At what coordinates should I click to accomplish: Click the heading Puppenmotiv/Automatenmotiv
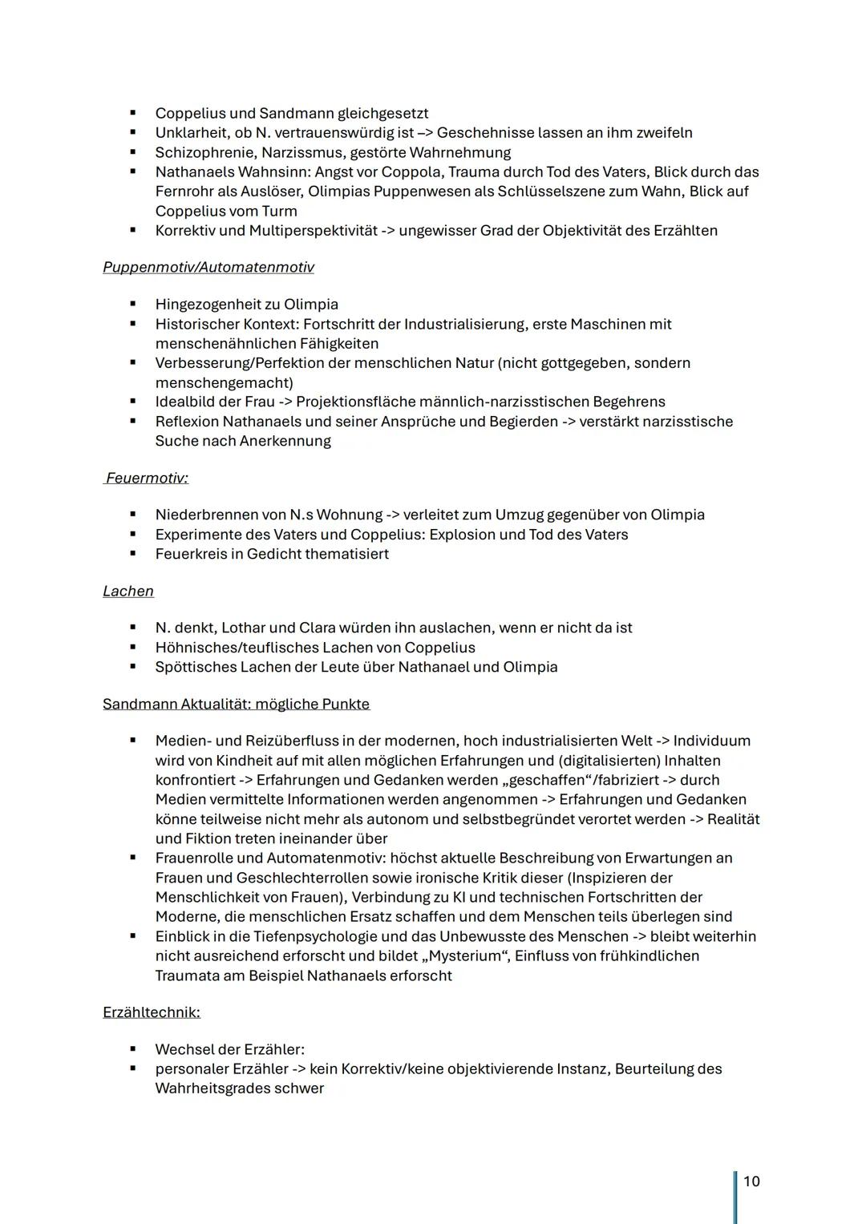pyautogui.click(x=208, y=267)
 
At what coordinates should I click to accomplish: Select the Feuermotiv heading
pyautogui.click(x=148, y=478)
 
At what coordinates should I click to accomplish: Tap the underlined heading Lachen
pyautogui.click(x=128, y=591)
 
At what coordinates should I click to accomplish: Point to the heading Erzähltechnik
pyautogui.click(x=152, y=1012)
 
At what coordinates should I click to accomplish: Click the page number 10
pyautogui.click(x=751, y=1181)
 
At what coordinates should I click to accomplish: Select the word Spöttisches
pyautogui.click(x=196, y=667)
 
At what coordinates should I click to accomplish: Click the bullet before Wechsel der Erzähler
pyautogui.click(x=132, y=1048)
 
